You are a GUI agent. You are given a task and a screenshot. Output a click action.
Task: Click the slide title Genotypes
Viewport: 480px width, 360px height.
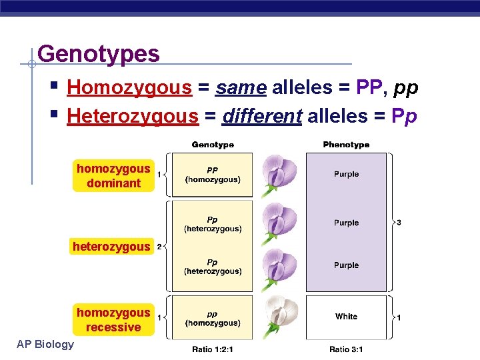pyautogui.click(x=99, y=53)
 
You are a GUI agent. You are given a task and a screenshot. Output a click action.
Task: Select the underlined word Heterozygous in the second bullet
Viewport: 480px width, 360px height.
pyautogui.click(x=133, y=116)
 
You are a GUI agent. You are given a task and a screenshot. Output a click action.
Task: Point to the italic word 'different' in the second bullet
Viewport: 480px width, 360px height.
pyautogui.click(x=262, y=116)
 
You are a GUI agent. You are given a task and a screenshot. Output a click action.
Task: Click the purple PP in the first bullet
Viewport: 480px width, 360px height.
pyautogui.click(x=368, y=87)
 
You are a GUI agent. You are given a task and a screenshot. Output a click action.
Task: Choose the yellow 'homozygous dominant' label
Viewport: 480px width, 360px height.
pyautogui.click(x=113, y=175)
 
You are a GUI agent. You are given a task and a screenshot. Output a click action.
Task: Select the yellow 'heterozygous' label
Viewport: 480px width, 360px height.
pyautogui.click(x=111, y=247)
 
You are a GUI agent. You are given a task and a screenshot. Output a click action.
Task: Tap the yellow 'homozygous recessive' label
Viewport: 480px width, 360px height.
pyautogui.click(x=113, y=319)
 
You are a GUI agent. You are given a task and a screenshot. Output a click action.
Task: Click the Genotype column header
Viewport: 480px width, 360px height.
pyautogui.click(x=213, y=145)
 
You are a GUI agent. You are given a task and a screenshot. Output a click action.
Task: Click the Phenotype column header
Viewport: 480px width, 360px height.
pyautogui.click(x=346, y=145)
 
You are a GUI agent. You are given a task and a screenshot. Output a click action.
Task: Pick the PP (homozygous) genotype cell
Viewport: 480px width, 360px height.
pyautogui.click(x=213, y=175)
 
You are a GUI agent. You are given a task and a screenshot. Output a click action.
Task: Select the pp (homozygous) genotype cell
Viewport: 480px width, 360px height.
pyautogui.click(x=213, y=319)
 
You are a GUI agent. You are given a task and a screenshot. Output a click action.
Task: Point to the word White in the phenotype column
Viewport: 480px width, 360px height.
pyautogui.click(x=346, y=317)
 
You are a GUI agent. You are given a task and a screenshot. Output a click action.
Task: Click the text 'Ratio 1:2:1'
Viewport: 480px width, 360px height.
pyautogui.click(x=213, y=349)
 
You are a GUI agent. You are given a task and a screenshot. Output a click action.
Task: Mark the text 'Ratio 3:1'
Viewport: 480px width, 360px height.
pyautogui.click(x=346, y=349)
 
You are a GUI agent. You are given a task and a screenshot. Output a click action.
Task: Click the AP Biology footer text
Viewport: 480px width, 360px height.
pyautogui.click(x=46, y=344)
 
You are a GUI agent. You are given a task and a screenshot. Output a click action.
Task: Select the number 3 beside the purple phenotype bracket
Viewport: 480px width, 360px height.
pyautogui.click(x=399, y=223)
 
